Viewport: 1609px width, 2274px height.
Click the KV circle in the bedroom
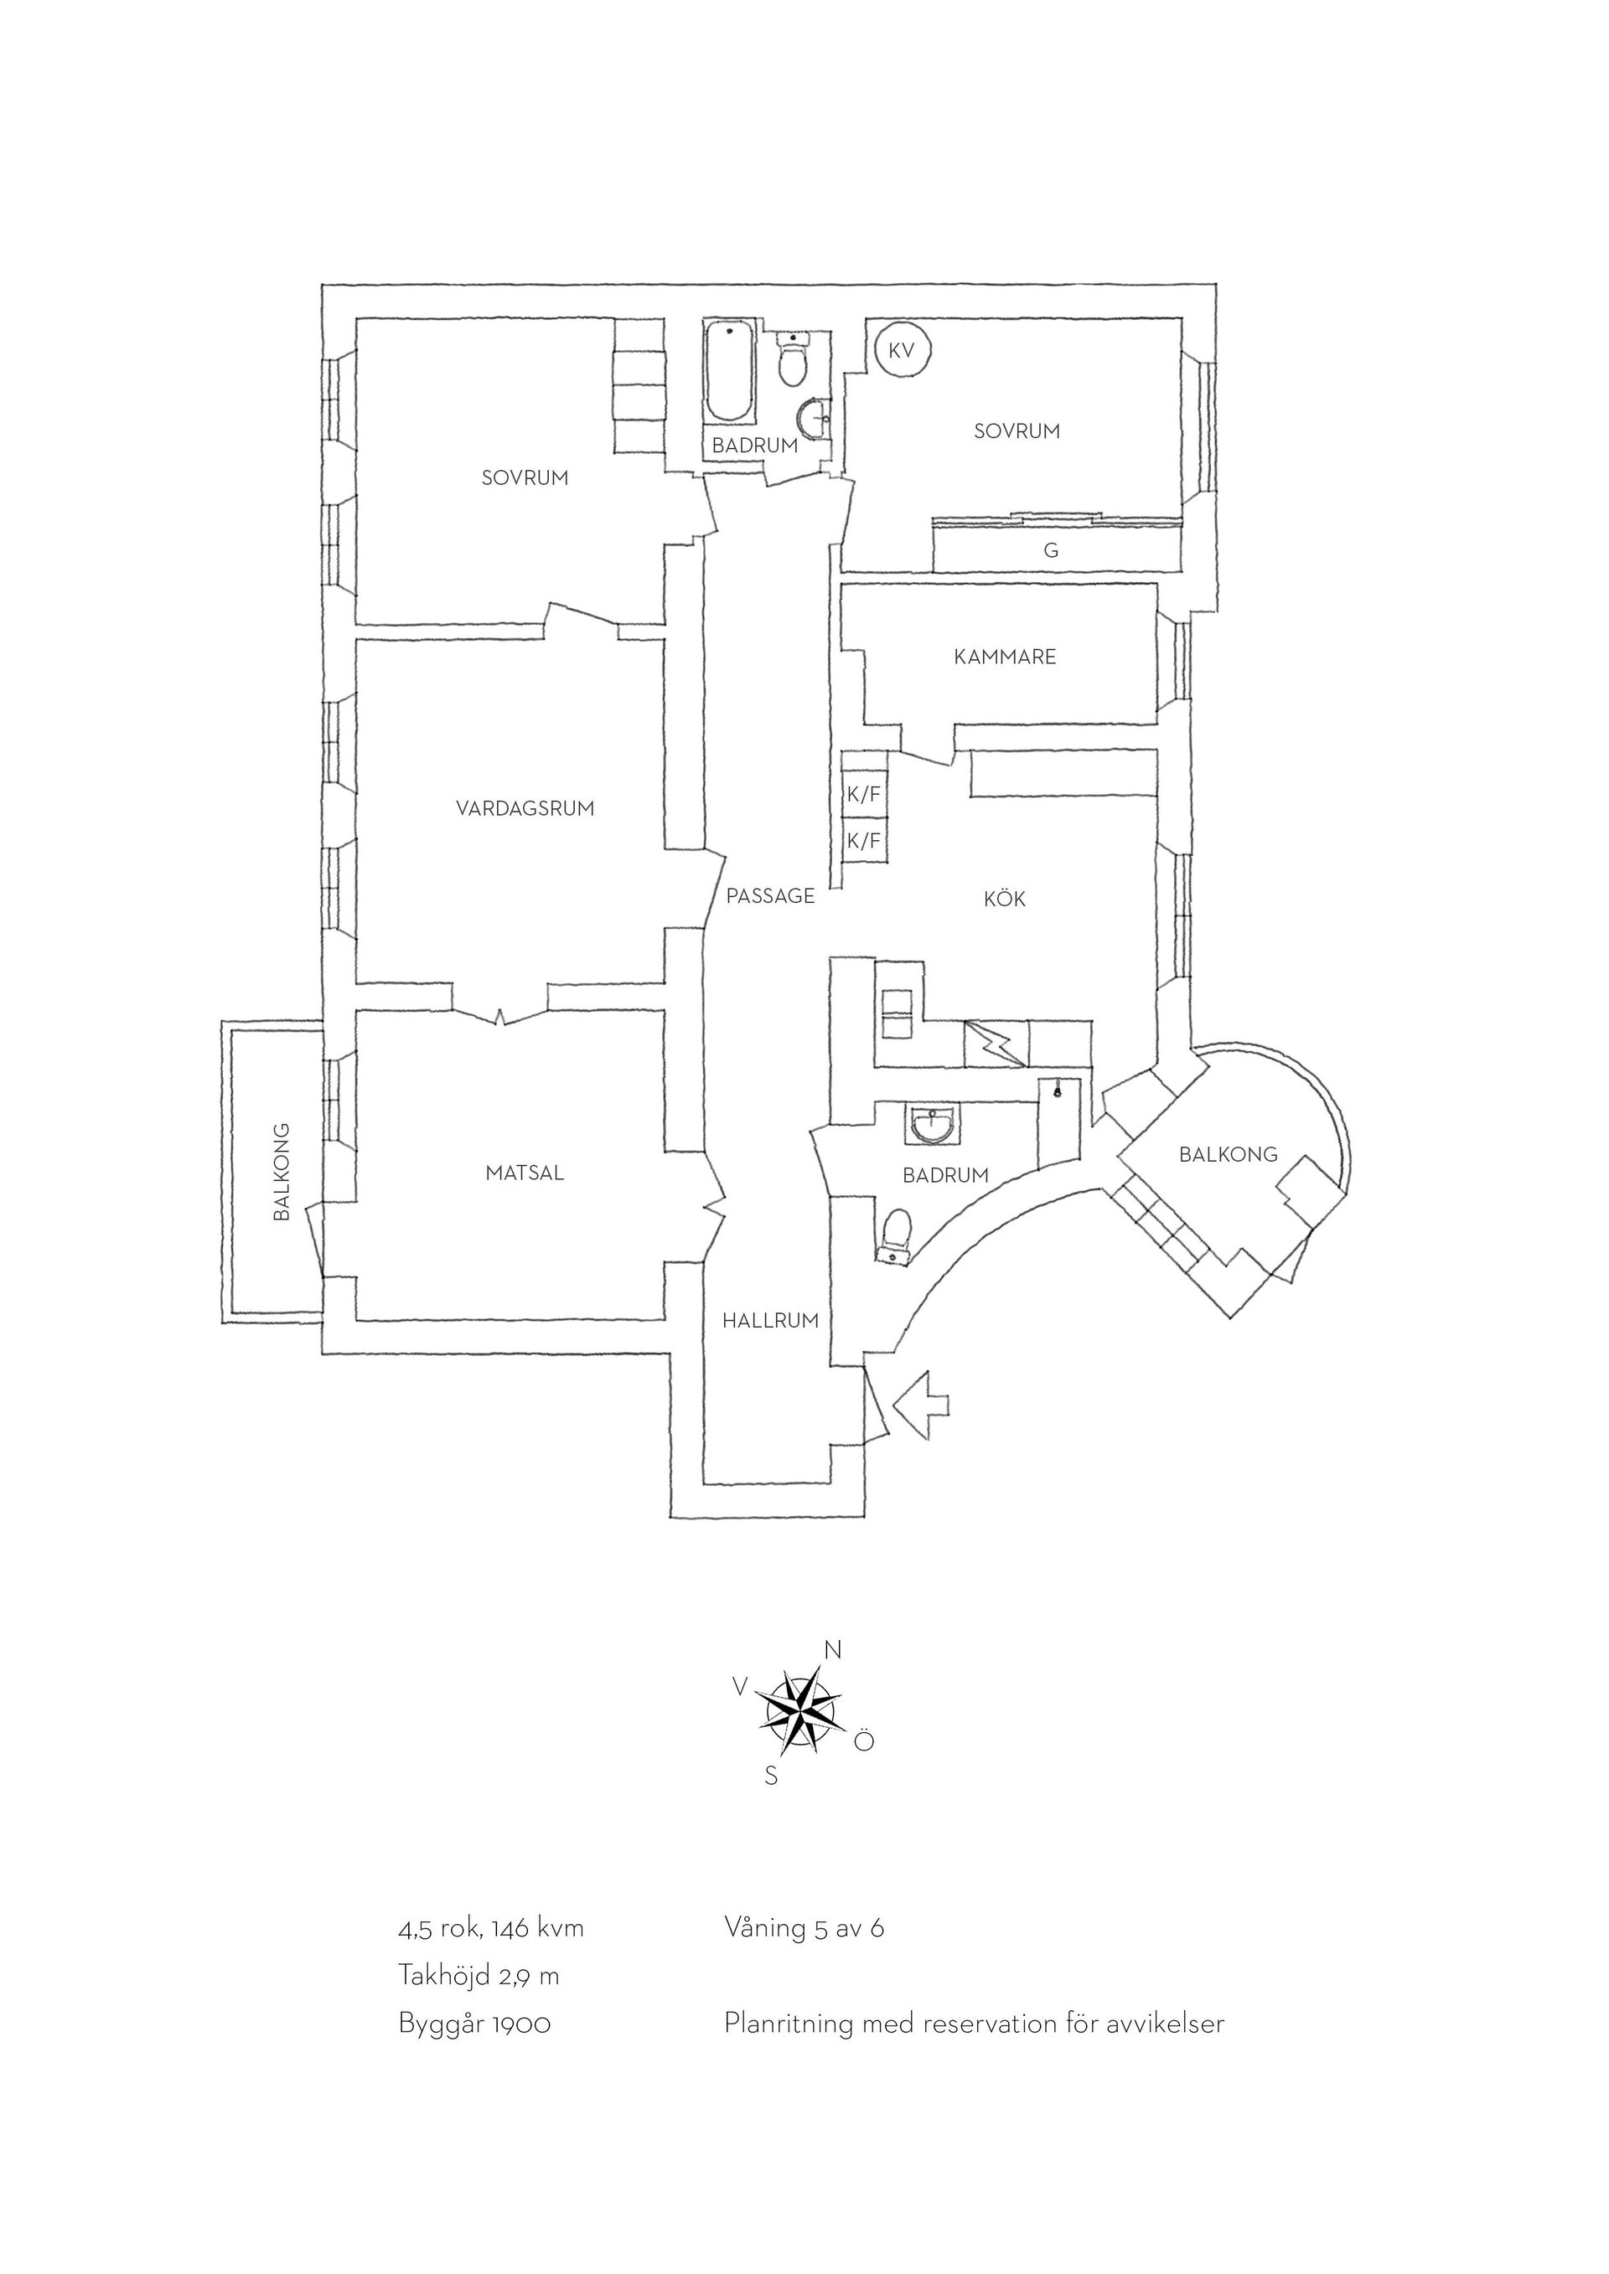pos(902,351)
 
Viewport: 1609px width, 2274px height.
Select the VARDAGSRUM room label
pos(525,808)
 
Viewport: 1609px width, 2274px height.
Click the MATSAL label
pos(525,1173)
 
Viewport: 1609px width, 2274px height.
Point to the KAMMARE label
pos(1006,657)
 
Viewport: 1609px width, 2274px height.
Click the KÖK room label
pos(1005,899)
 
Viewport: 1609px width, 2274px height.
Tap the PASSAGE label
pos(771,896)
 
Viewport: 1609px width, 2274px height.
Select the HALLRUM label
pos(771,1320)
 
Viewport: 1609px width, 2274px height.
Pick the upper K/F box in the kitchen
pos(864,793)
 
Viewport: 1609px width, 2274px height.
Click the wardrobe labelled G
pos(1057,547)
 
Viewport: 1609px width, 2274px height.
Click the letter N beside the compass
pos(833,1650)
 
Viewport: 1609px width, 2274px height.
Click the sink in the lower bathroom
pos(930,1124)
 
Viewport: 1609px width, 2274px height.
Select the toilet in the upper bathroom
pos(793,360)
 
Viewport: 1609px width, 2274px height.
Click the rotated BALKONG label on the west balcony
pos(282,1171)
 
